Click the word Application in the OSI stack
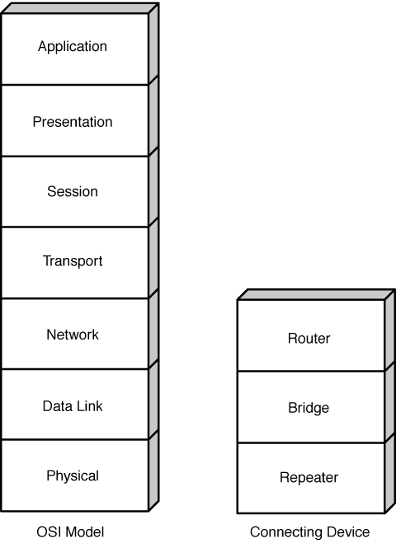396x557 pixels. pos(73,47)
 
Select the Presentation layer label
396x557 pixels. pos(73,122)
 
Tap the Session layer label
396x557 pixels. pos(73,191)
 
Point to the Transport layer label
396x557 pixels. pos(73,261)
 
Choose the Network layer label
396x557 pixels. pos(73,335)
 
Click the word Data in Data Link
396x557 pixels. pos(55,406)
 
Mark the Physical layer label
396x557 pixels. pos(73,476)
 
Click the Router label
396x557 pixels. pos(309,339)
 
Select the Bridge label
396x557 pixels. pos(309,408)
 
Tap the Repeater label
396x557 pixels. pos(309,478)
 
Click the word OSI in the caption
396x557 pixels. pos(49,532)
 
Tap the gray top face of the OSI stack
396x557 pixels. pos(80,8)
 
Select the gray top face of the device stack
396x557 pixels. pos(316,295)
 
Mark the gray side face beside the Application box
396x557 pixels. pos(153,44)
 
